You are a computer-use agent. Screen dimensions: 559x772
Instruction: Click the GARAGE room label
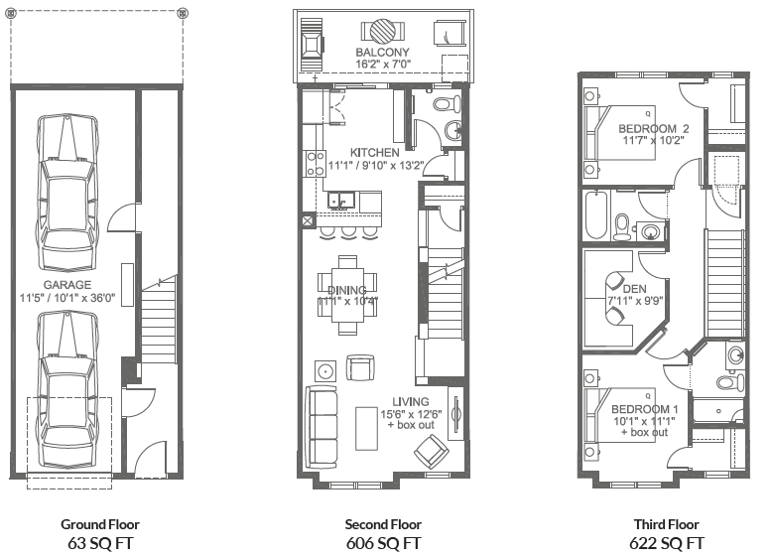67,283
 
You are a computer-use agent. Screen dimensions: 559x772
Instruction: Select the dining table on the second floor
347,288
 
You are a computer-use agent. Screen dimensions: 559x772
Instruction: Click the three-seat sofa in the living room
323,427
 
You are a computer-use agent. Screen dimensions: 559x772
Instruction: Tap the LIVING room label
411,401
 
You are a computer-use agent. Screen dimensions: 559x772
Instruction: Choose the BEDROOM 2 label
654,129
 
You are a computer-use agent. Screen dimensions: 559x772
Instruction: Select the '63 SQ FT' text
99,543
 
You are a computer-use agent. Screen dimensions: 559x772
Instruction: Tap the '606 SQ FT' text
383,543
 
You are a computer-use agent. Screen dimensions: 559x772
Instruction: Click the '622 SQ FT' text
667,543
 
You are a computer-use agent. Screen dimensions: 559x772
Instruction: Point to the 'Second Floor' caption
383,524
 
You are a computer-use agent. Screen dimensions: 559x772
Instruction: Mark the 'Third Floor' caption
667,524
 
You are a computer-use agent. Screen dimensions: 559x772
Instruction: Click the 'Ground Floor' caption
99,524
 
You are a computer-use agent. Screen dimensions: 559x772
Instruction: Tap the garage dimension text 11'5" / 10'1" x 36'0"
67,297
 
